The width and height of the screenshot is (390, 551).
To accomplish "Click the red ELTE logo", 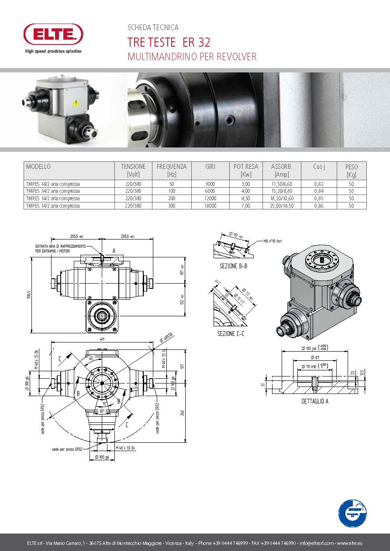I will point(53,34).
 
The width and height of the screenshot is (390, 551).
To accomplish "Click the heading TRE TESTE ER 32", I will point(169,42).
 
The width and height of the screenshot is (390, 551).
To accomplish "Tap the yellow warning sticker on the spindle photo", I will point(76,103).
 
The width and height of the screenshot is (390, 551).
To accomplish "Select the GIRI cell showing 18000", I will point(210,205).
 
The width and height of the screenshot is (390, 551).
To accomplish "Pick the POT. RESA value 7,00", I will point(245,205).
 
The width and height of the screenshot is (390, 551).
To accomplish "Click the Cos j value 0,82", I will point(318,184).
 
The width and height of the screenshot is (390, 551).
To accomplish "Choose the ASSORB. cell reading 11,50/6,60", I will point(282,184).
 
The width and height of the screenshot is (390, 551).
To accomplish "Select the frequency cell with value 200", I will point(171,198).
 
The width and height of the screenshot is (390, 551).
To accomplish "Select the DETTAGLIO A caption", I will point(315,401).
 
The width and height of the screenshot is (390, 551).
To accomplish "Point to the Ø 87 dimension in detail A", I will point(317,358).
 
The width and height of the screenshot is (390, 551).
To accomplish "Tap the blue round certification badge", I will point(352,513).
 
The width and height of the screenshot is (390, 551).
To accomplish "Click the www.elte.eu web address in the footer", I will point(349,543).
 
